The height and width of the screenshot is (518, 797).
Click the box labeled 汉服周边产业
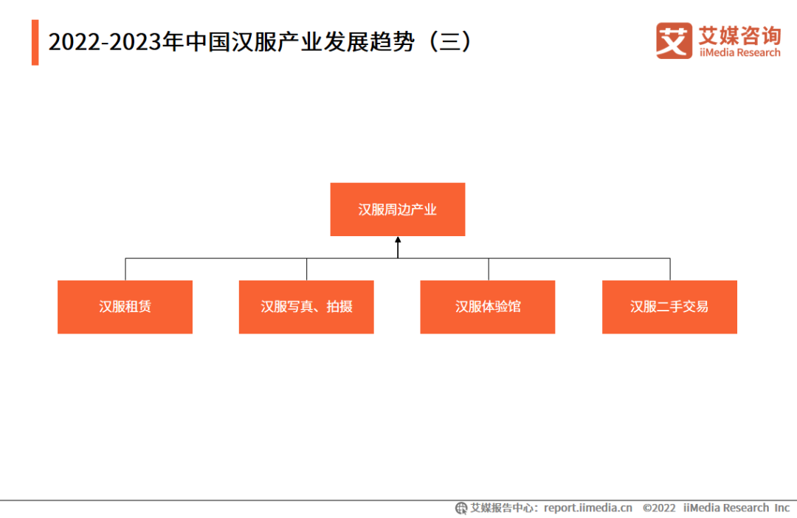[x=398, y=210]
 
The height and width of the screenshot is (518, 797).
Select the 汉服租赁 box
[x=125, y=307]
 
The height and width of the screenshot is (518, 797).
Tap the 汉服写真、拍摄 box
[x=306, y=307]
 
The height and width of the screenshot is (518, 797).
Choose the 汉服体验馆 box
[x=488, y=307]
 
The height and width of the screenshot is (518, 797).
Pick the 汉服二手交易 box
[x=669, y=307]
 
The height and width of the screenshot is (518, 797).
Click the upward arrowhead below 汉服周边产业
[x=398, y=240]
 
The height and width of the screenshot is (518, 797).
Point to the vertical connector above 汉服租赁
[x=125, y=269]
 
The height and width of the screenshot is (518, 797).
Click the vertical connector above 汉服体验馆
[x=489, y=269]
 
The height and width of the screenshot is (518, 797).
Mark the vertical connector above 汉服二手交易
[x=670, y=269]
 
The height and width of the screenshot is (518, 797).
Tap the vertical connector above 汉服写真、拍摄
[x=306, y=269]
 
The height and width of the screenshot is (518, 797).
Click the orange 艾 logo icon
[x=674, y=41]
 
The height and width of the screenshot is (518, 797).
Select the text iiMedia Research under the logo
[x=739, y=53]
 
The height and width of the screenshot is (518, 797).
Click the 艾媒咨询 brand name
[x=739, y=35]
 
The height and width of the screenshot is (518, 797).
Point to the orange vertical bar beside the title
[x=35, y=43]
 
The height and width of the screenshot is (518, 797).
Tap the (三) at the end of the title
[x=450, y=41]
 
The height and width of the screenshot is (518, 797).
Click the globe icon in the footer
[x=461, y=508]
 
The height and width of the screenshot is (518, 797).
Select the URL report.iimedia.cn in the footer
[x=588, y=508]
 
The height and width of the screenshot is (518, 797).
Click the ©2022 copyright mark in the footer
[x=659, y=508]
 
